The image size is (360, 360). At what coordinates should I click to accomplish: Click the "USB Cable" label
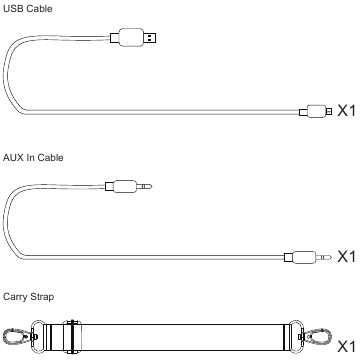point(28,8)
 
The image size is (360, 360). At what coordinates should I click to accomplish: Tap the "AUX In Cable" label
point(33,157)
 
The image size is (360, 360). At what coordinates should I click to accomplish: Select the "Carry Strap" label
point(28,296)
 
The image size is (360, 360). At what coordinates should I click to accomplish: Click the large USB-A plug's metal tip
point(150,38)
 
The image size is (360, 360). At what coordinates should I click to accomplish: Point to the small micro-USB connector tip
point(329,111)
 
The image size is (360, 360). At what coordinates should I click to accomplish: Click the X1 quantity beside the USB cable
point(347,110)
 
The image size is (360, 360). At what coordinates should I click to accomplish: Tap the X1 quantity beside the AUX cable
point(347,256)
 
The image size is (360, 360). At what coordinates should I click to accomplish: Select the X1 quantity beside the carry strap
point(347,346)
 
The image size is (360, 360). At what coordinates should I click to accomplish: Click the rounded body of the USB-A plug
point(131,37)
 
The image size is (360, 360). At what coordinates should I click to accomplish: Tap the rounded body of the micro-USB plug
point(317,111)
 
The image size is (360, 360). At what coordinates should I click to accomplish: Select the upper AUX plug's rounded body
point(125,186)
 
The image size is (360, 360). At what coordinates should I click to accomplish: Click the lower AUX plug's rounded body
point(304,257)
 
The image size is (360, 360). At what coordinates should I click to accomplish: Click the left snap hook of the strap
point(17,336)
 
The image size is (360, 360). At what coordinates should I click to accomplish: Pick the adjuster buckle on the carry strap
point(72,337)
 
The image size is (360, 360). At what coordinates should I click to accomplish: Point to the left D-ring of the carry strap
point(38,337)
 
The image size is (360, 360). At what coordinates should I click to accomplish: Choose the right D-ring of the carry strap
point(296,337)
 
